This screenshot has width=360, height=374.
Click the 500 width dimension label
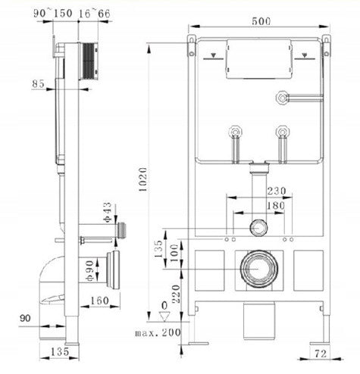(x=261, y=21)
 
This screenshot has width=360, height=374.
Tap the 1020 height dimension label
(x=143, y=179)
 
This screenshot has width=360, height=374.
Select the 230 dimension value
(x=277, y=191)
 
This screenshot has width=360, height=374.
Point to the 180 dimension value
(x=276, y=205)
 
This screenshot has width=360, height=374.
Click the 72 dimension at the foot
(x=321, y=354)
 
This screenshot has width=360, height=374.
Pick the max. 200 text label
(x=158, y=332)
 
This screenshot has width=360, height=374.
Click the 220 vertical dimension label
(x=176, y=294)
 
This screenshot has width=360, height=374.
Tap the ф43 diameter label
(x=107, y=212)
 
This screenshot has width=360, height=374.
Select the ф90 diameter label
(x=90, y=270)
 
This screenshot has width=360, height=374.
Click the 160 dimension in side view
(x=99, y=301)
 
